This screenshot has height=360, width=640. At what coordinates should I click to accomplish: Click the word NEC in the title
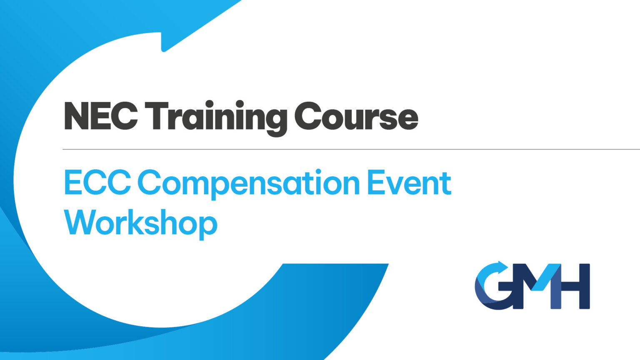(101, 116)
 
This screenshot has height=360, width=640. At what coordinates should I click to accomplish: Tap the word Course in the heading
(356, 116)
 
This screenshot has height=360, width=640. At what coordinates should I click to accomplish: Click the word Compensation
(248, 183)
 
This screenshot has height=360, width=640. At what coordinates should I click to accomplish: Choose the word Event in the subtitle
(409, 182)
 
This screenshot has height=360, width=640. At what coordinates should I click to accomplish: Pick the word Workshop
(140, 223)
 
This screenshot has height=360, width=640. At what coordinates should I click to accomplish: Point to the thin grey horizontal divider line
(350, 149)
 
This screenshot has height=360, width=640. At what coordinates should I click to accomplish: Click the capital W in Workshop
(79, 222)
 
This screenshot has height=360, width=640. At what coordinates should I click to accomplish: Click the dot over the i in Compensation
(318, 171)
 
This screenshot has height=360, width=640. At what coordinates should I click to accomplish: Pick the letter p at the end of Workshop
(207, 227)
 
